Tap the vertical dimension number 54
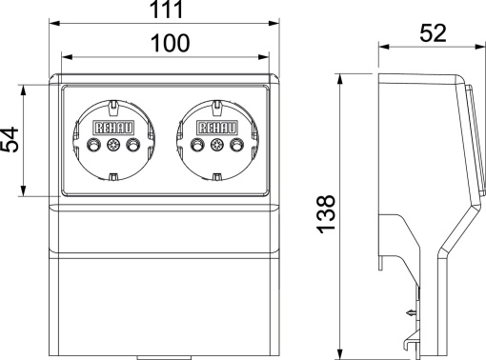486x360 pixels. [x=10, y=141]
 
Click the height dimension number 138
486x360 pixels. [x=327, y=214]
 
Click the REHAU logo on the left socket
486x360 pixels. [x=112, y=127]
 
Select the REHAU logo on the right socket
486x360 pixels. [x=216, y=127]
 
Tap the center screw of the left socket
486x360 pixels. [x=112, y=146]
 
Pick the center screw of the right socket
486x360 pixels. [x=216, y=146]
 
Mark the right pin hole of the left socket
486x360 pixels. [x=132, y=146]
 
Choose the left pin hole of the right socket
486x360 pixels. [x=198, y=146]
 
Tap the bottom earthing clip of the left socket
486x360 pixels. [x=112, y=177]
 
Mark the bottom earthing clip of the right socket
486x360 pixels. [x=216, y=177]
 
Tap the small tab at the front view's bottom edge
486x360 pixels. [x=165, y=357]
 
